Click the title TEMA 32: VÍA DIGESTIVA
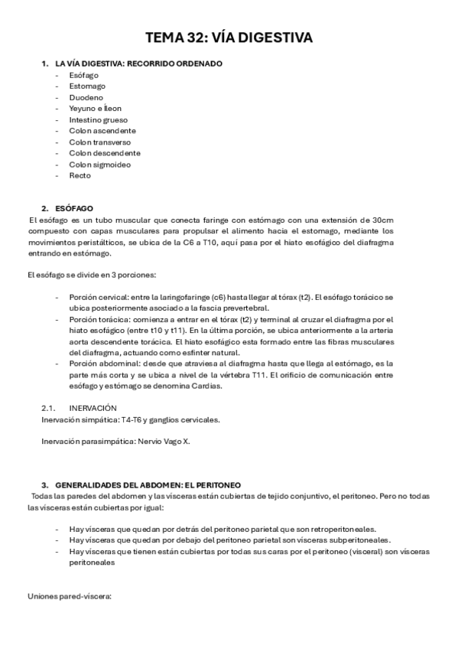coord(229,38)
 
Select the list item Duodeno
coord(86,98)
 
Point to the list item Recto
coord(80,175)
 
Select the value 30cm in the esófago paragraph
coord(404,220)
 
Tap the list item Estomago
coord(88,86)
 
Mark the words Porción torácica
coord(96,319)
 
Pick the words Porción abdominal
coord(99,364)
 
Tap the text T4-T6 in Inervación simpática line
coord(133,419)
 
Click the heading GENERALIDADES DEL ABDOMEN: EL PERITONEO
coord(148,484)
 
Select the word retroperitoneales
coord(343,529)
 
